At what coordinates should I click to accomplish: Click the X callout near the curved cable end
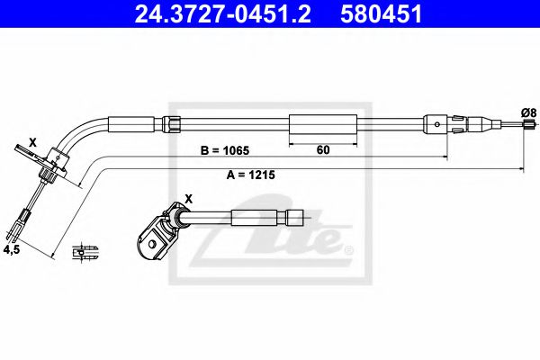(33, 142)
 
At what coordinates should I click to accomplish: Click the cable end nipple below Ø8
(523, 131)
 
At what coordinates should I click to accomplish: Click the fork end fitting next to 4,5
(22, 217)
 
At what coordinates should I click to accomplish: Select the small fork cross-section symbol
(86, 250)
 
